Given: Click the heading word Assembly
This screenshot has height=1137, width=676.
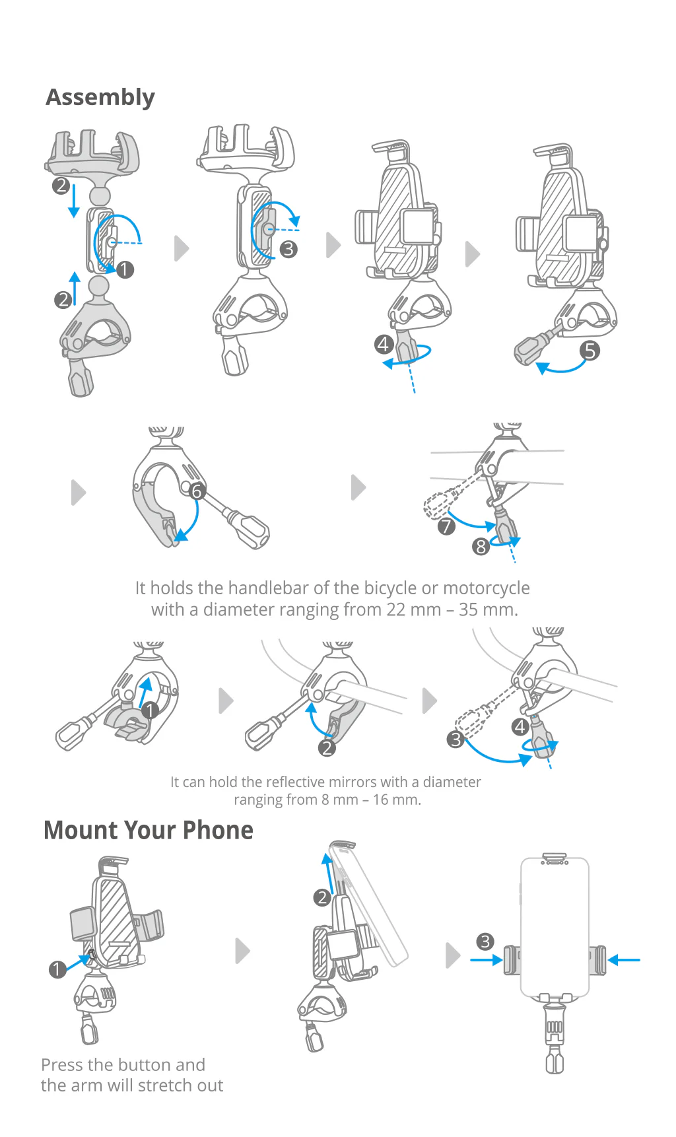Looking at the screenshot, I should [x=100, y=98].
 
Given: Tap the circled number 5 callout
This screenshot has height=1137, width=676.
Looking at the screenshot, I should [x=590, y=350].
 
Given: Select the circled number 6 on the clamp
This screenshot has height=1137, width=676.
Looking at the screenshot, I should [x=197, y=491].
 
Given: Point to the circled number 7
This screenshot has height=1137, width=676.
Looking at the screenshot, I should [x=446, y=526].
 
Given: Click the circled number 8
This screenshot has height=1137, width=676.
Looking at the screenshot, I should [x=481, y=546].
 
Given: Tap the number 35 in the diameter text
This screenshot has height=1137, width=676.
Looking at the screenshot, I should [x=468, y=609].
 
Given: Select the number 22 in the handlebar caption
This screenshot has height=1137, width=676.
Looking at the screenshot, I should [x=396, y=609].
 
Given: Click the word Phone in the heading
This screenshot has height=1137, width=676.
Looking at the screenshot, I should [x=218, y=831].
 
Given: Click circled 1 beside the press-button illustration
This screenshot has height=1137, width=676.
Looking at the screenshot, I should [x=57, y=969].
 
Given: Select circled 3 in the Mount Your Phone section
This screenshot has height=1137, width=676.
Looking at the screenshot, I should [x=485, y=942].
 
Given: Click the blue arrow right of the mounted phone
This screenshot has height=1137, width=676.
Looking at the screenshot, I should [x=624, y=959].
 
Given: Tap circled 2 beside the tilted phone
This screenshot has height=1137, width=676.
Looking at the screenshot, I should [x=322, y=897].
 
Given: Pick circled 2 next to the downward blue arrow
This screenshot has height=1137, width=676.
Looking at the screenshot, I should [x=61, y=186].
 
